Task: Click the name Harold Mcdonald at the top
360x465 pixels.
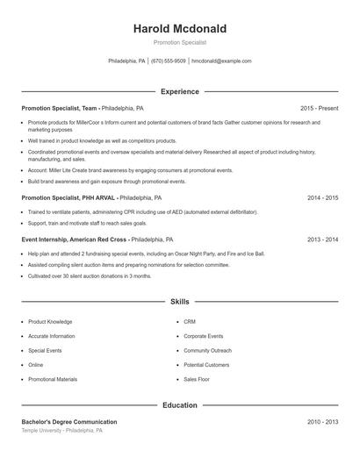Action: (179, 29)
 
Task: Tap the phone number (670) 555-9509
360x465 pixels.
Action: (169, 61)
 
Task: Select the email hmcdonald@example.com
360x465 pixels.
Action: (221, 61)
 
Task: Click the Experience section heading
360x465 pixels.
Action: (179, 91)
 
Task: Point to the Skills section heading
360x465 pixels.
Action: (179, 301)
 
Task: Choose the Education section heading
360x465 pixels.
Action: (179, 405)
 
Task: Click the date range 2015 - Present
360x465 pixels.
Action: (319, 108)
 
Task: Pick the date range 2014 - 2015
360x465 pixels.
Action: (322, 198)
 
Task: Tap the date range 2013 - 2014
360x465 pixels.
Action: (322, 239)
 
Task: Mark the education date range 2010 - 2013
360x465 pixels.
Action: (322, 422)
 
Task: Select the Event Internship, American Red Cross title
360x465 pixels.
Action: (75, 239)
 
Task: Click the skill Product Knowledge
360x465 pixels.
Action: (50, 322)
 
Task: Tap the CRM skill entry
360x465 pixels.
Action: (190, 322)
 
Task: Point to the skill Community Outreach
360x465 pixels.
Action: (207, 350)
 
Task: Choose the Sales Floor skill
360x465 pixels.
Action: (197, 379)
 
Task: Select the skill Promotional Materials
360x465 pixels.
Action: (53, 379)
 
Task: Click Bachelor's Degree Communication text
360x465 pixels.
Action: (68, 422)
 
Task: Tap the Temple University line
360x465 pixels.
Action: (61, 431)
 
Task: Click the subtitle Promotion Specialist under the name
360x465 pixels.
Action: (179, 42)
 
